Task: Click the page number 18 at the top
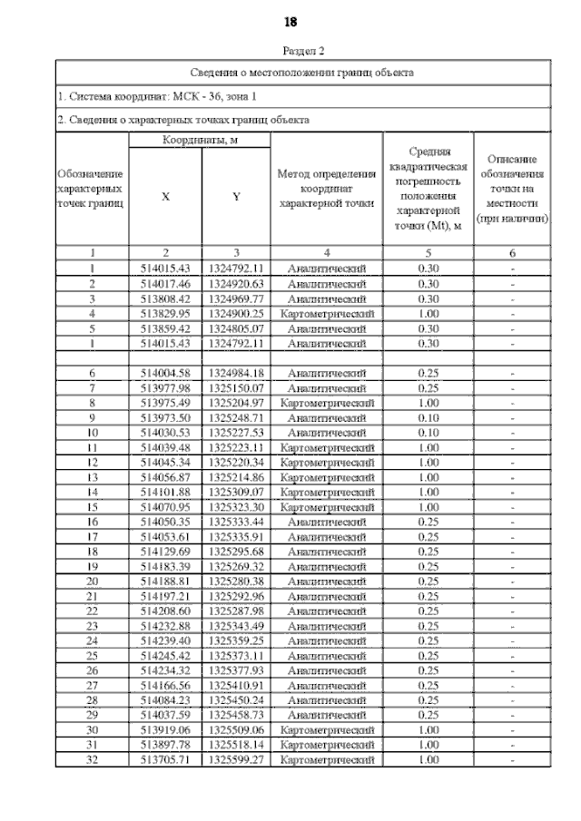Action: pyautogui.click(x=290, y=21)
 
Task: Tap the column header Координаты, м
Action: pyautogui.click(x=200, y=141)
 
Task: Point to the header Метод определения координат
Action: pyautogui.click(x=326, y=188)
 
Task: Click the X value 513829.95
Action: pyautogui.click(x=164, y=312)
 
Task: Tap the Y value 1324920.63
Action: pyautogui.click(x=235, y=283)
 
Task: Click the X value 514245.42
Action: pyautogui.click(x=164, y=656)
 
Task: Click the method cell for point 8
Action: pyautogui.click(x=326, y=402)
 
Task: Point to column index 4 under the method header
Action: pyautogui.click(x=326, y=253)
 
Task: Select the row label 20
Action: pyautogui.click(x=92, y=581)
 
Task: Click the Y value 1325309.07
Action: pyautogui.click(x=235, y=491)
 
